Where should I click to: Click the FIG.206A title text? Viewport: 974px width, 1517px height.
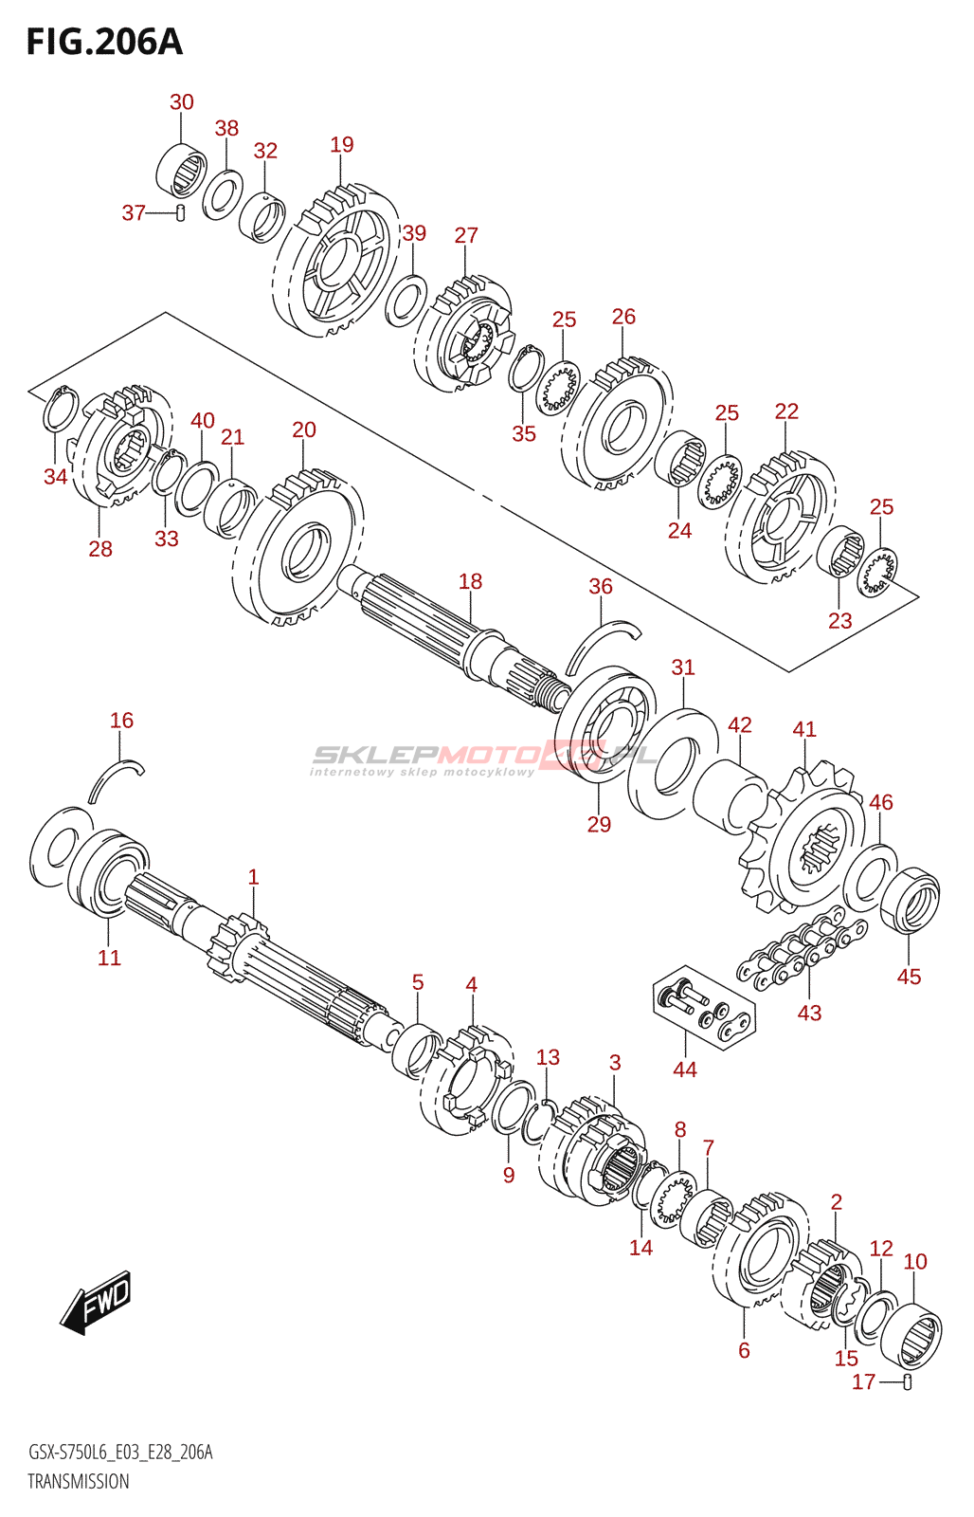point(104,42)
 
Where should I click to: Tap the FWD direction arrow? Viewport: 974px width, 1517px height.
point(97,1303)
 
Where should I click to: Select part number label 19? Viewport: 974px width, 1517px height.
point(342,145)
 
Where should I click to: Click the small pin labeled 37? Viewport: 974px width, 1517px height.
point(180,212)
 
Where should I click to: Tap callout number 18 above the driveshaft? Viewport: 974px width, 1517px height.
point(470,581)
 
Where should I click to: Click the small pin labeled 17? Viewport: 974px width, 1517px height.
point(907,1381)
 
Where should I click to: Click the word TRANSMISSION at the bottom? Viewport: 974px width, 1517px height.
point(79,1481)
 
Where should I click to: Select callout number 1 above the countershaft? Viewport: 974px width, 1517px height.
point(253,877)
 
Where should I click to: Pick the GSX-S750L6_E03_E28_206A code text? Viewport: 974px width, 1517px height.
point(120,1452)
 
